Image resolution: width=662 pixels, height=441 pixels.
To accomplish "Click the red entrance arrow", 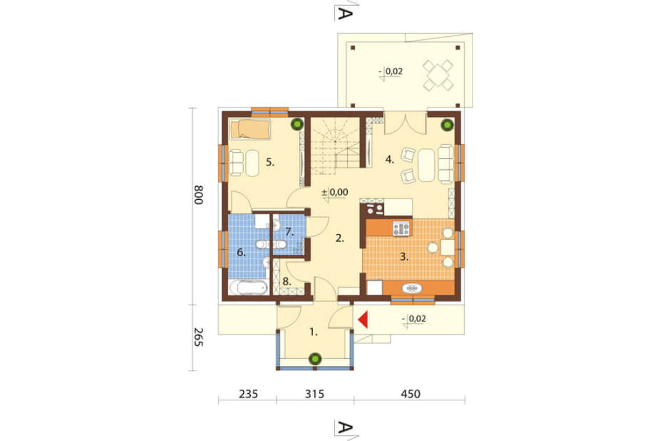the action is [x=363, y=319].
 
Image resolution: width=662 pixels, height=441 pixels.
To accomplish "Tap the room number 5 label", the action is [x=270, y=162].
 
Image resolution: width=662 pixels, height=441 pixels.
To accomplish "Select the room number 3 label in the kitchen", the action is [x=404, y=257].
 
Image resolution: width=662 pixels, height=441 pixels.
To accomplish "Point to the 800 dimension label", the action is [x=198, y=195].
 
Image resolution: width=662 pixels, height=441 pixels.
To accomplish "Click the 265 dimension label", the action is [x=198, y=337].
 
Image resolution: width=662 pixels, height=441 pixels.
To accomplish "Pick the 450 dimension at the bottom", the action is [x=411, y=394].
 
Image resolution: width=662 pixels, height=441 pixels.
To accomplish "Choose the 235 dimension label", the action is [x=248, y=394].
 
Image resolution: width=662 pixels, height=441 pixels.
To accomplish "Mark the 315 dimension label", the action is [x=315, y=394].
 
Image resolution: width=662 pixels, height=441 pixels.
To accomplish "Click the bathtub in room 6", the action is [x=248, y=288].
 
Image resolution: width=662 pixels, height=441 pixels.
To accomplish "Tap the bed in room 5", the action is [x=250, y=129].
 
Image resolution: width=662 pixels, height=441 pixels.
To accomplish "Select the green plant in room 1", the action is [x=315, y=359].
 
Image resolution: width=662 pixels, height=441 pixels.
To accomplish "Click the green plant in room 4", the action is [x=447, y=125].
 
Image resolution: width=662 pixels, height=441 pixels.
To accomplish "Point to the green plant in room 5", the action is [x=297, y=124].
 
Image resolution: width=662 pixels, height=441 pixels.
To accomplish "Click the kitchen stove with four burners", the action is [x=401, y=228].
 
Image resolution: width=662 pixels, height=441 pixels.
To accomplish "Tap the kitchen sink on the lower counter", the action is [x=412, y=288].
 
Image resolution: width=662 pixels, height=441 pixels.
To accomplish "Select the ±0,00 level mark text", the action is [x=335, y=192].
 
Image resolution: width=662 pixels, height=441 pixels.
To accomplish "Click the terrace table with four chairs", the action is [x=438, y=75].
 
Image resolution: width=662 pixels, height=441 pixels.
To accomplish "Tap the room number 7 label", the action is [x=289, y=232].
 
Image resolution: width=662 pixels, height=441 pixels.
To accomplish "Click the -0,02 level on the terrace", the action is [x=391, y=71].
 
